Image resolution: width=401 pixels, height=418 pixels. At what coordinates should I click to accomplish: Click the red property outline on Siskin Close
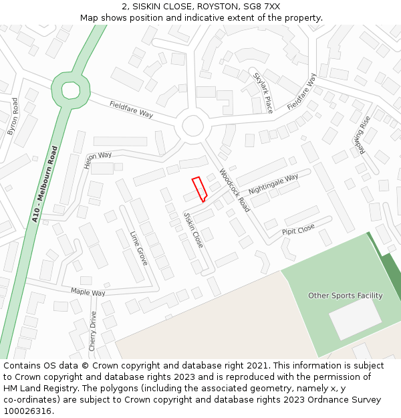[x=199, y=189]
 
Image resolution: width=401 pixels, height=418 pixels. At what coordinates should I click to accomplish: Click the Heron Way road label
[x=98, y=159]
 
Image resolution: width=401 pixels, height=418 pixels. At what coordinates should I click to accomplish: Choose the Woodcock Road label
[x=235, y=190]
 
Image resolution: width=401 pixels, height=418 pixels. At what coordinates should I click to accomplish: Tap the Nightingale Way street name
[x=273, y=185]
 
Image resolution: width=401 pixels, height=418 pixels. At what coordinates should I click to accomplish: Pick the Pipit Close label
[x=298, y=229]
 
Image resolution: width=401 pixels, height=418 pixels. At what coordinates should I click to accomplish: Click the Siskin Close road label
[x=193, y=230]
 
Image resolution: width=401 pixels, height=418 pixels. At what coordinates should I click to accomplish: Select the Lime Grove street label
[x=138, y=248]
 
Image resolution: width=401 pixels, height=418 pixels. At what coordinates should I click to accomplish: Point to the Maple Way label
[x=88, y=292]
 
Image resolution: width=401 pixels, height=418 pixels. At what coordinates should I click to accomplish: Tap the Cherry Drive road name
[x=93, y=331]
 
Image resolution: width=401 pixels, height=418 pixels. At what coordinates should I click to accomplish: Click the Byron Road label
[x=13, y=116]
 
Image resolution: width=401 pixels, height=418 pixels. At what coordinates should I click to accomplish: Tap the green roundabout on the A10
[x=70, y=90]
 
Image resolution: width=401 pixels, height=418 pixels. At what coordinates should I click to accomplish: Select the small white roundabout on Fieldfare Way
[x=192, y=126]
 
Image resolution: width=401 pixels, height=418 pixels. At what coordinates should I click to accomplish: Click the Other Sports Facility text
[x=345, y=296]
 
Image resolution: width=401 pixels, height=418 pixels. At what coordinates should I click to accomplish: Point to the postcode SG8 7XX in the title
[x=263, y=6]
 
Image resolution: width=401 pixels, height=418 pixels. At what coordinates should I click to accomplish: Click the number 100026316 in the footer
[x=27, y=411]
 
